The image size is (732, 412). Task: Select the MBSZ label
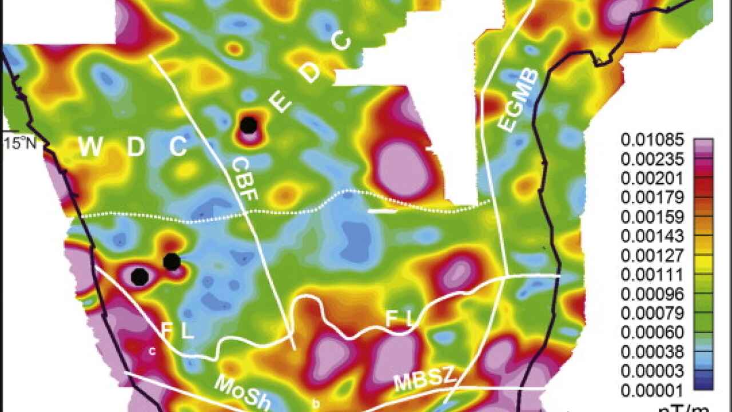coord(425,381)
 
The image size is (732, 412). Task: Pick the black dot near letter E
coord(248,125)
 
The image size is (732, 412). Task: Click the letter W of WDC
coord(90,148)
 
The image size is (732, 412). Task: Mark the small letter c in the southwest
coord(152,351)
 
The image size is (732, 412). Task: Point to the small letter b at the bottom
coord(316,404)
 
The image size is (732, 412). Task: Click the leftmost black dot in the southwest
coord(140,276)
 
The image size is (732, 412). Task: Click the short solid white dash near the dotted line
coord(382,211)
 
